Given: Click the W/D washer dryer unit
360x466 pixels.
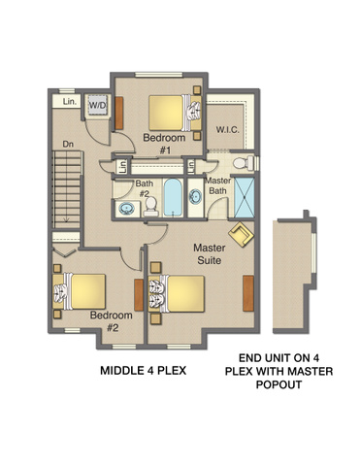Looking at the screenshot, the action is click(x=98, y=105).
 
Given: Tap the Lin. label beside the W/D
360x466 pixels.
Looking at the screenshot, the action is click(x=70, y=102).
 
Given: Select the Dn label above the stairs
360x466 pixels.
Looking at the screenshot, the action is click(x=68, y=145).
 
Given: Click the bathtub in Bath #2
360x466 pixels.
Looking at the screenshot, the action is click(x=173, y=197).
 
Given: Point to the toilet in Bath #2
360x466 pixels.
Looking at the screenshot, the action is click(x=151, y=207).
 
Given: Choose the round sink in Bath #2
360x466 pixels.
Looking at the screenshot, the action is click(x=126, y=209).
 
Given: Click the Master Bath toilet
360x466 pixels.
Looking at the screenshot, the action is click(x=245, y=163).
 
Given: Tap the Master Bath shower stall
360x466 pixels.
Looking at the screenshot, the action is click(x=245, y=197).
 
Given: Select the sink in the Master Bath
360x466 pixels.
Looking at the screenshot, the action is click(x=196, y=197).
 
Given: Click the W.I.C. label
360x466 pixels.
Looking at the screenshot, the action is click(x=228, y=130).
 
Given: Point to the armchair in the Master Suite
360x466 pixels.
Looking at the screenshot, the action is click(x=241, y=234).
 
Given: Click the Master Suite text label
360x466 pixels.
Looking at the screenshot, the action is click(x=210, y=254).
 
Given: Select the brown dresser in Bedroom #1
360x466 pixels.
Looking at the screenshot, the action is click(x=119, y=113).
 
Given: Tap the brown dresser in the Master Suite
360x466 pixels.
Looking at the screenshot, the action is click(x=248, y=293).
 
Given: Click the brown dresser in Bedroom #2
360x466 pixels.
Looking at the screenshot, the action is click(x=139, y=295).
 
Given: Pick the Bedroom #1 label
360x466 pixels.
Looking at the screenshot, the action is click(x=164, y=144).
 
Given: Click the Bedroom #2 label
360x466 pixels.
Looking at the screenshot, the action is click(x=112, y=321).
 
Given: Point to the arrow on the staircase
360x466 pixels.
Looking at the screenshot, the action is click(x=66, y=219).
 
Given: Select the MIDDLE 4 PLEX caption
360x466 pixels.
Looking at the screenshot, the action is click(x=144, y=371).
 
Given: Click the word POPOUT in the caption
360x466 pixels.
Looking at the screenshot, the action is click(x=278, y=384).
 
